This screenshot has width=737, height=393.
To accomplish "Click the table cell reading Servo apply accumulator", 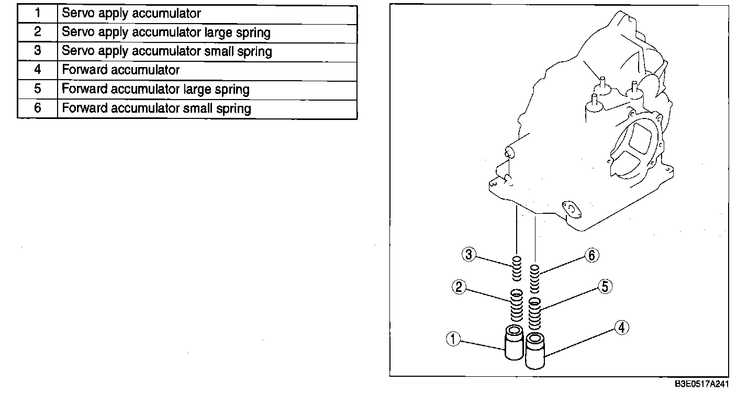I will coord(131,13).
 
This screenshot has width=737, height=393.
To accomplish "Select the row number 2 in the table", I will coord(37,32).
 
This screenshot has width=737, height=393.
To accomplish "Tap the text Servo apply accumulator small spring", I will coord(167,51).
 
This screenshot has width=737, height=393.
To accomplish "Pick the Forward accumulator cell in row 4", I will coord(121,70).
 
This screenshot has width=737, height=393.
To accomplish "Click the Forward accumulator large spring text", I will coord(155,89).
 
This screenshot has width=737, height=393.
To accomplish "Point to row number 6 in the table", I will coord(37,108).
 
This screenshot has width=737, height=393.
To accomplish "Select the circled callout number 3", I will coord(468,255).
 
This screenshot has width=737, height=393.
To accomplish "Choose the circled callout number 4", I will coord(621,328).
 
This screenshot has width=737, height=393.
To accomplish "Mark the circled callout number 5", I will coord(605,287).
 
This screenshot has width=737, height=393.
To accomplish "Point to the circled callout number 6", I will coord(591,255).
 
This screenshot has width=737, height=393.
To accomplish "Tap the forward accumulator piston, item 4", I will coord(535,351).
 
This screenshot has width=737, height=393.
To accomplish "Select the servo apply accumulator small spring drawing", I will coord(517,268).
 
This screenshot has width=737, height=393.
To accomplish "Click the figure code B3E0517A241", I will coord(701,384).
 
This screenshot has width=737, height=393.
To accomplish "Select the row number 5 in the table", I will coord(37,89).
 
